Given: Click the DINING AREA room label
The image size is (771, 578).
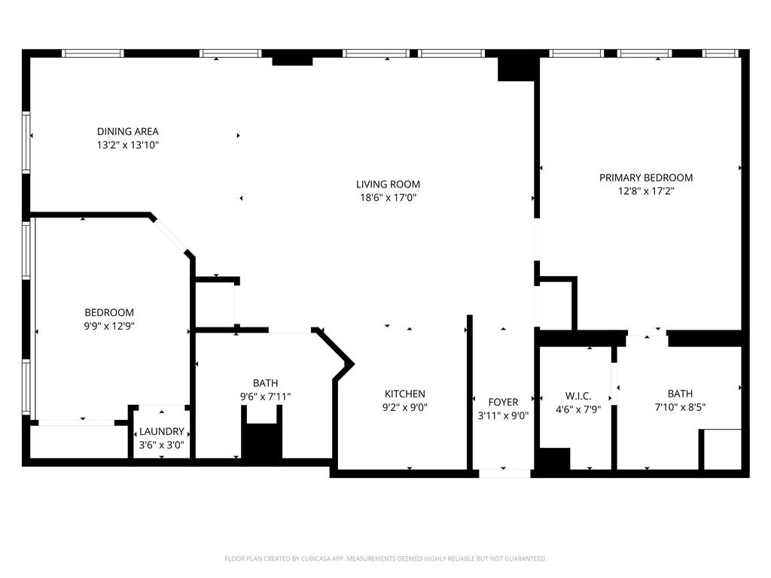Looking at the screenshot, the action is click(128, 131).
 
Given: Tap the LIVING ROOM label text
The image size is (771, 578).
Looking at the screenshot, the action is click(388, 184).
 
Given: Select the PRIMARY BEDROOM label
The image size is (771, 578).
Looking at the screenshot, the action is click(645, 178).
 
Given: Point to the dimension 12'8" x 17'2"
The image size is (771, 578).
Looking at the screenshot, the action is click(645, 191).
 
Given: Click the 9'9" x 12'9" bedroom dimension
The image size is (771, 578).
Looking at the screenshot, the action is click(109, 326).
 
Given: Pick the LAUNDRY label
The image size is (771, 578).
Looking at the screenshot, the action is click(161, 431).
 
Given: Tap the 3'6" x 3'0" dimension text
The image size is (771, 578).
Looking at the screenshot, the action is click(161, 446).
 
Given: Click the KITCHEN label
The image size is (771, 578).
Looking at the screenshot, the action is click(404, 394).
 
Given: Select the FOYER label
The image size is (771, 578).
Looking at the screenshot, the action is click(503, 402).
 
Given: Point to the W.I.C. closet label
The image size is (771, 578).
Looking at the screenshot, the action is click(578, 396).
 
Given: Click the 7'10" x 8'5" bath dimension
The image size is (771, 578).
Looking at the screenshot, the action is click(680, 407).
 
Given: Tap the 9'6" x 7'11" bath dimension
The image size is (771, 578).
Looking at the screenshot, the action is click(266, 397).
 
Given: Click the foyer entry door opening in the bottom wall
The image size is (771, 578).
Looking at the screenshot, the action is click(504, 474).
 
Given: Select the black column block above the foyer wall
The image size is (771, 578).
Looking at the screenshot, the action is click(517, 68).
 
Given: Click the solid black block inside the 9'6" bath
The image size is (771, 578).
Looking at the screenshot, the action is click(261, 440).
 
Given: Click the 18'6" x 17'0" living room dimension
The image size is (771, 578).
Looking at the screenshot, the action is click(388, 198).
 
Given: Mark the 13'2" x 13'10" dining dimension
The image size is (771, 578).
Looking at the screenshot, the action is click(128, 145).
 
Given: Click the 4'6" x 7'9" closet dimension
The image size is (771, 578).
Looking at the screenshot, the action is click(578, 409).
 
